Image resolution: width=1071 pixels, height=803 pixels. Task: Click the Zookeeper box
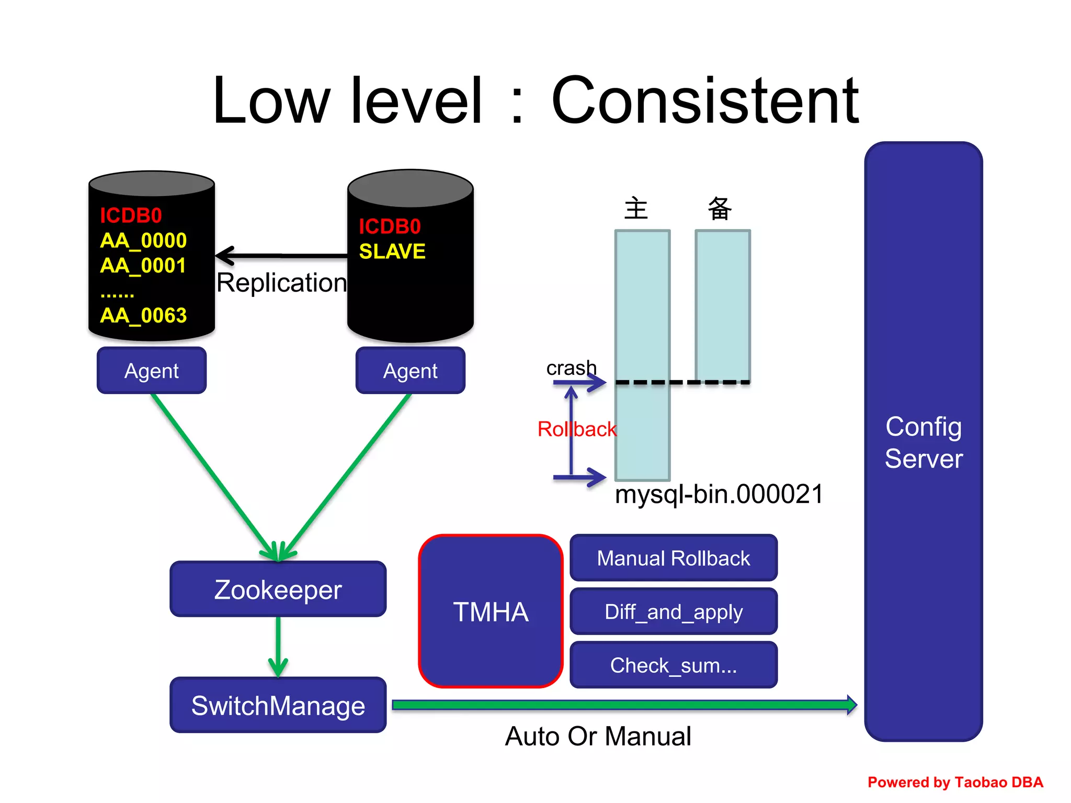[278, 589]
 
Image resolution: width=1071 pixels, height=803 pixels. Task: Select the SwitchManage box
[278, 705]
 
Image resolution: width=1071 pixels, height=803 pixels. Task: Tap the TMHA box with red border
[491, 611]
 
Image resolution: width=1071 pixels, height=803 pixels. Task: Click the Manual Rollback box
[673, 558]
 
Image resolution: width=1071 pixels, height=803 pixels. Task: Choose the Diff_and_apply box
[673, 611]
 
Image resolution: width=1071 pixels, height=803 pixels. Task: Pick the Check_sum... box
[673, 665]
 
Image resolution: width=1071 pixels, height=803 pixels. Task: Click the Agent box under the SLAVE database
[410, 371]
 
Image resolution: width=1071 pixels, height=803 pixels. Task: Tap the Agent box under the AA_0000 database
[152, 371]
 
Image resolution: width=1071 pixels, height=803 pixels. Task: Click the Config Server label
[924, 442]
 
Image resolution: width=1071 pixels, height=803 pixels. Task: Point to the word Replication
[281, 283]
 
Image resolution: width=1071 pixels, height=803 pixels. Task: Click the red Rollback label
[577, 429]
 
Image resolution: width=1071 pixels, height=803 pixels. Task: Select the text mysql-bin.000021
[719, 494]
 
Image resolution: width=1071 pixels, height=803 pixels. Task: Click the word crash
[571, 368]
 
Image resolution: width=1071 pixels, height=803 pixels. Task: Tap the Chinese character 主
[636, 209]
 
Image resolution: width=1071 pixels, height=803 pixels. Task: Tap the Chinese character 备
[720, 209]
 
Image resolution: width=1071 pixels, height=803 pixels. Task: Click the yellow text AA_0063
[143, 315]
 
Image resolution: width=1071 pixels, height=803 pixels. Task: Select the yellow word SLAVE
[392, 251]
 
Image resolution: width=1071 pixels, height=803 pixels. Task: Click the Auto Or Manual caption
[598, 736]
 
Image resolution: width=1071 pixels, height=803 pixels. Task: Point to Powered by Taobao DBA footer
[955, 782]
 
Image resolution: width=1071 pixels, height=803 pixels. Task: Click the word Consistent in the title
[705, 100]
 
